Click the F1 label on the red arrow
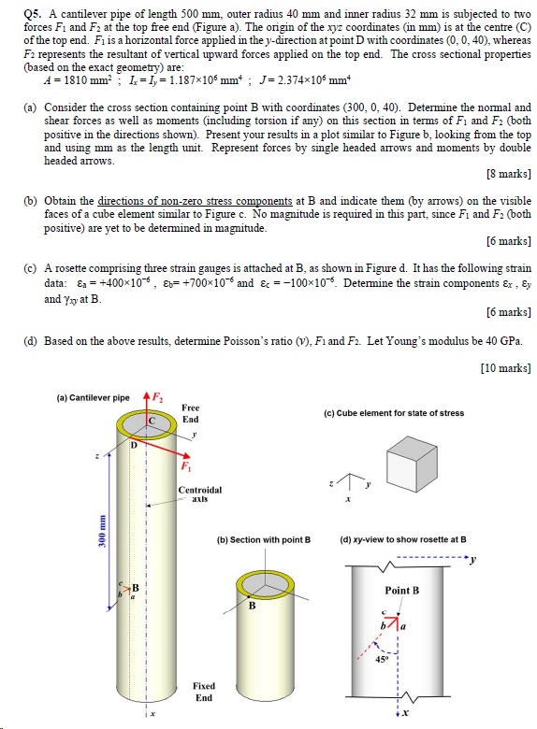pyautogui.click(x=185, y=465)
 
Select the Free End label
pyautogui.click(x=190, y=413)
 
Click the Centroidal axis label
pyautogui.click(x=200, y=493)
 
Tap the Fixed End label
pyautogui.click(x=203, y=692)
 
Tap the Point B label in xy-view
pyautogui.click(x=401, y=591)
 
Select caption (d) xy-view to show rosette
pyautogui.click(x=404, y=539)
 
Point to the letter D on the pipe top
pyautogui.click(x=132, y=445)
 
